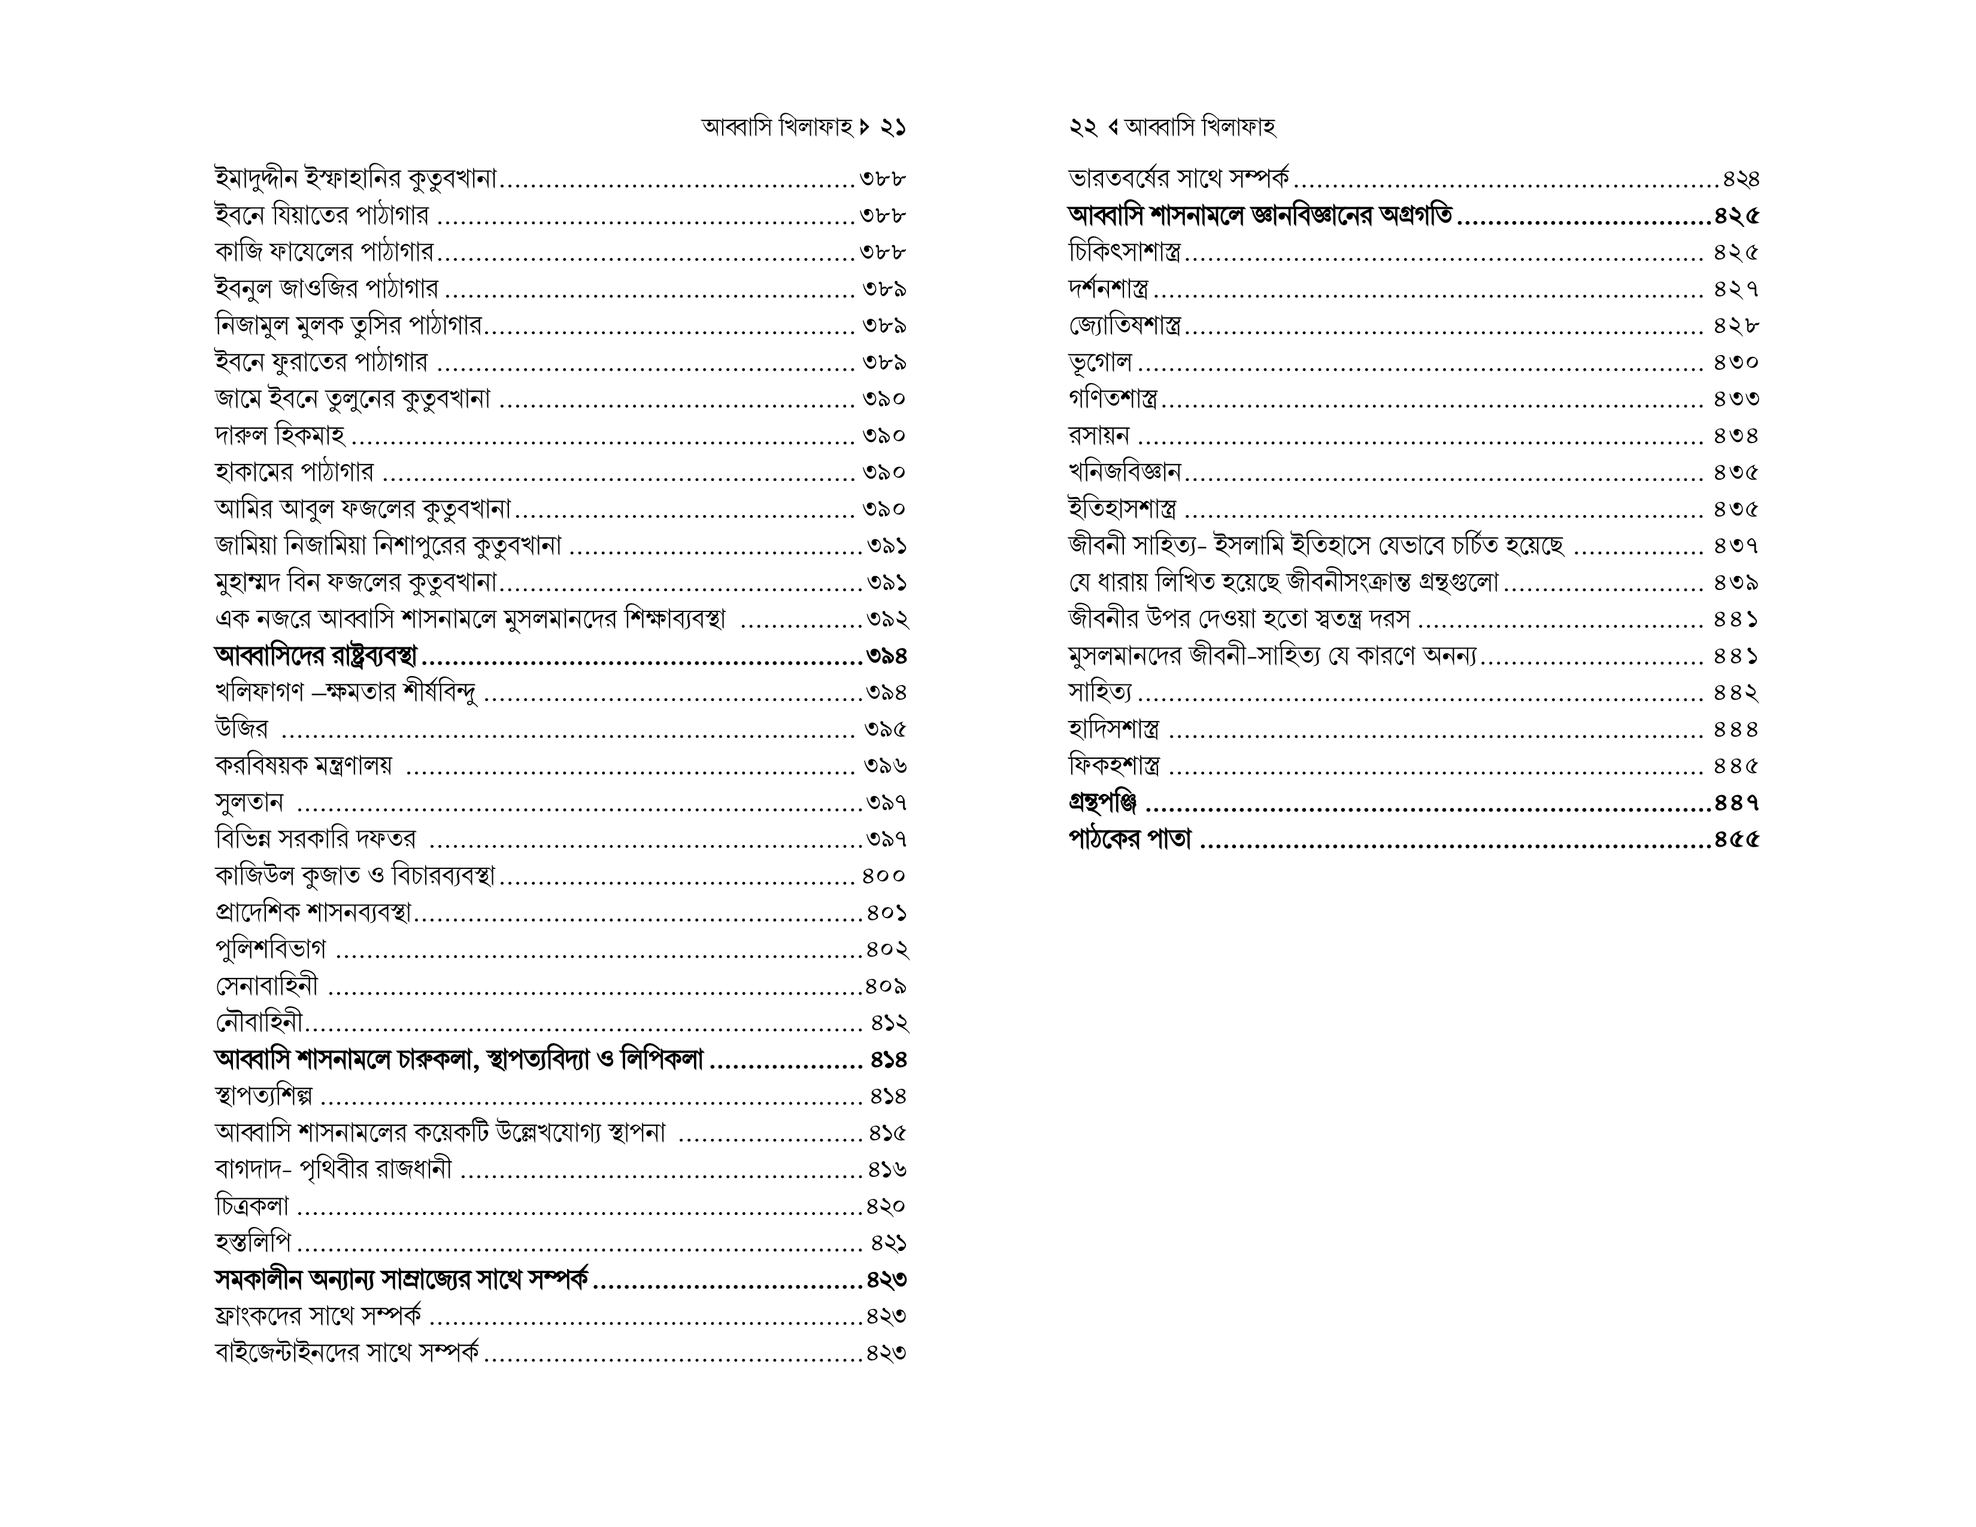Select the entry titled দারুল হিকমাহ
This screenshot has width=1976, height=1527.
[280, 436]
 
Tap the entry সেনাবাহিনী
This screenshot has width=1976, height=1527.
[267, 986]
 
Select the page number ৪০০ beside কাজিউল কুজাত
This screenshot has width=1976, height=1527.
[884, 875]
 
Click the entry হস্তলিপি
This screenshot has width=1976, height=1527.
[253, 1243]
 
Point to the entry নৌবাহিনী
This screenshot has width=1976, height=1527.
[259, 1023]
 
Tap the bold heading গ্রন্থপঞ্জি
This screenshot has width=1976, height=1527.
[1102, 802]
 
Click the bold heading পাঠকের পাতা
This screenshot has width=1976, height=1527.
[1129, 840]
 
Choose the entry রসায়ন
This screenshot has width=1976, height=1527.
[1098, 436]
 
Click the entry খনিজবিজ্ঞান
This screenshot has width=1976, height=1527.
[1125, 472]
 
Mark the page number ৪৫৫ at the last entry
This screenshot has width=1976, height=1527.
[1736, 840]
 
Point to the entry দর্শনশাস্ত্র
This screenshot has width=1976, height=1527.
[1108, 289]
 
